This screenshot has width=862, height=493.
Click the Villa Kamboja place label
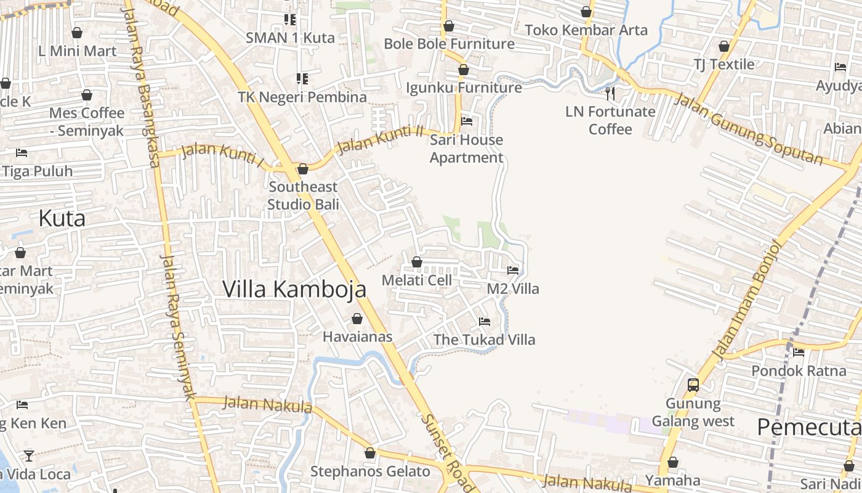point(294,289)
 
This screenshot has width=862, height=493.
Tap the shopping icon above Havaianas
point(356,319)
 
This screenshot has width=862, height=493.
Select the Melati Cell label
point(417,280)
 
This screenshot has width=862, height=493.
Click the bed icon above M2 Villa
point(512,270)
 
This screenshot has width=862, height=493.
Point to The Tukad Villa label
point(485,340)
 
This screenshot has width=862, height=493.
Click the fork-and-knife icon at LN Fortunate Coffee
point(610,93)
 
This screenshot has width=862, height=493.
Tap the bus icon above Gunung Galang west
point(693,385)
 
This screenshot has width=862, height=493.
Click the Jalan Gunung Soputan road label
point(748,129)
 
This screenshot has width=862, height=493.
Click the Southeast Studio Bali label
point(303,195)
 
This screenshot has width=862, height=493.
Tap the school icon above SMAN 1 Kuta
point(290,19)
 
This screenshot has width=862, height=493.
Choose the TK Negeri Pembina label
point(302,97)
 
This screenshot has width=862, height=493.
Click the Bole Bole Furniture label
point(449,44)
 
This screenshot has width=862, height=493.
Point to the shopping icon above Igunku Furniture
point(464,70)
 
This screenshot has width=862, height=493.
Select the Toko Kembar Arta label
point(586,30)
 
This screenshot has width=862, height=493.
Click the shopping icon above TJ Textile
point(724,46)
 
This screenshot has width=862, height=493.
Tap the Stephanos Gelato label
point(370,471)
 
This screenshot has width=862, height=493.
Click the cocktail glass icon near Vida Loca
point(29,456)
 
